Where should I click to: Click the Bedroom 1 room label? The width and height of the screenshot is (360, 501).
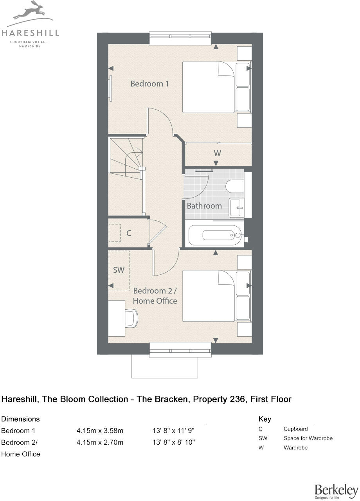point(149,84)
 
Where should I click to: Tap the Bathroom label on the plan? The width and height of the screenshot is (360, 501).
point(204,205)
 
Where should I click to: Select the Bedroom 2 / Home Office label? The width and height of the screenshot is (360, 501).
point(155,296)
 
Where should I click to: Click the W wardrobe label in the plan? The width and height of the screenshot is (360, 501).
point(217,153)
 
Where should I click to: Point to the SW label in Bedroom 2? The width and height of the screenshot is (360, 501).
point(119,270)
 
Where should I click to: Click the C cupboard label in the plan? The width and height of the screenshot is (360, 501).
point(128,233)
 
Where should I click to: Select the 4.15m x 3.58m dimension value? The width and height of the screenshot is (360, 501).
point(100,431)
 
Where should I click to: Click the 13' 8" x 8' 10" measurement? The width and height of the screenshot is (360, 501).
point(173,442)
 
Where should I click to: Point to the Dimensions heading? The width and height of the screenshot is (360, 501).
point(21,419)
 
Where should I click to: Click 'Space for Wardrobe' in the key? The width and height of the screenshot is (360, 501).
point(308,438)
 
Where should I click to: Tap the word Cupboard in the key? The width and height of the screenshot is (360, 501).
point(295,429)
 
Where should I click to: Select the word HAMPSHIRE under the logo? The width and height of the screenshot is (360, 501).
point(30,46)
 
